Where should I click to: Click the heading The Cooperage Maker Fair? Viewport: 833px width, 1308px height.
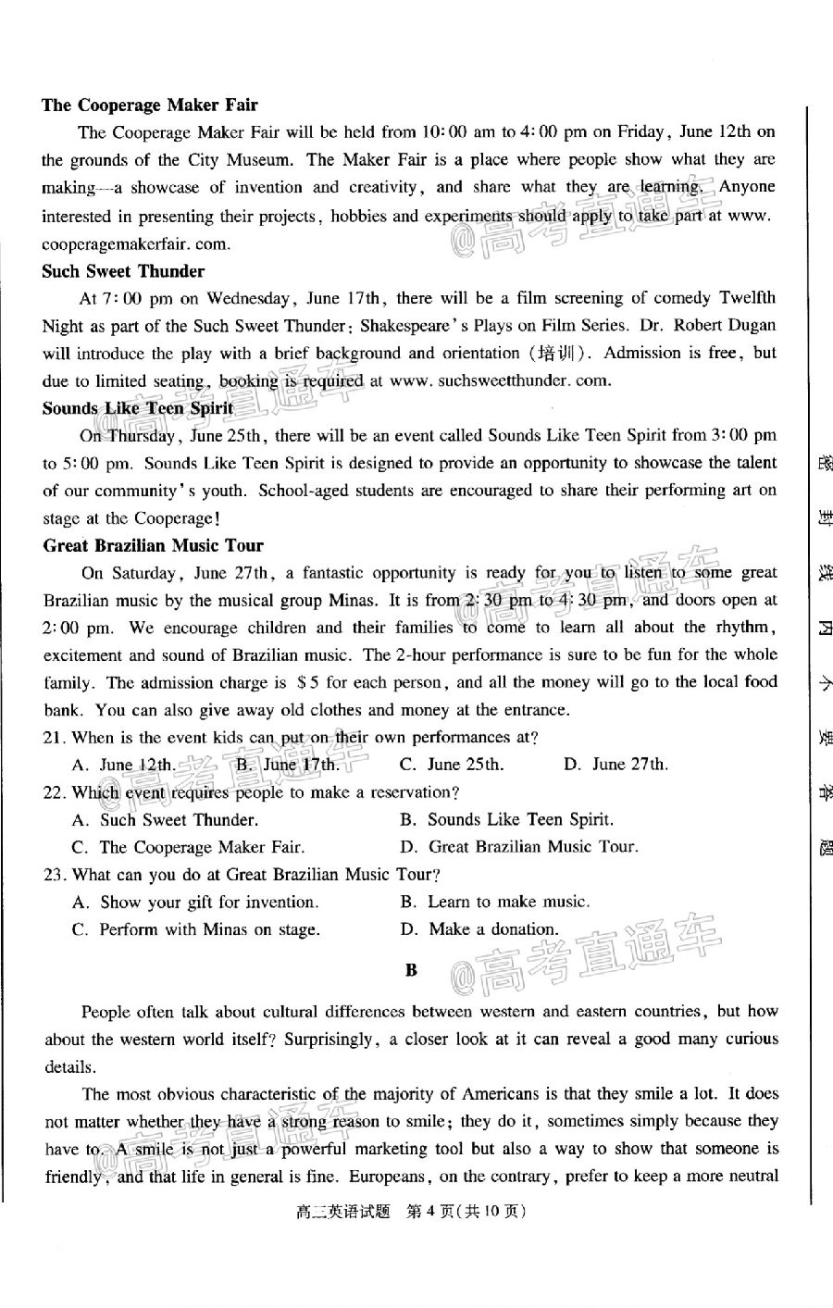click(x=149, y=105)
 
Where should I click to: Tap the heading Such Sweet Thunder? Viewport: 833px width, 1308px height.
click(x=123, y=271)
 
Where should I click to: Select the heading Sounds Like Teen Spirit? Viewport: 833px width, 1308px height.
click(x=137, y=408)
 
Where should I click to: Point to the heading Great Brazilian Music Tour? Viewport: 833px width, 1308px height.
click(x=153, y=545)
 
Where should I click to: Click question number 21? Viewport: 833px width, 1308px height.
click(x=54, y=738)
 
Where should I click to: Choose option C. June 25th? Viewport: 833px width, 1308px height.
click(x=452, y=765)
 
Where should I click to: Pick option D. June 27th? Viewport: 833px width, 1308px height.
click(x=615, y=765)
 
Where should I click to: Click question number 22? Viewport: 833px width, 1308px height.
click(x=54, y=792)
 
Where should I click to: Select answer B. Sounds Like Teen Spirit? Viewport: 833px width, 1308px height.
click(x=506, y=819)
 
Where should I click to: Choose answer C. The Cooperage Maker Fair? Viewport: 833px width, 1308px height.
click(x=188, y=847)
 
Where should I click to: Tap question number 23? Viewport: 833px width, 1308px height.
click(x=54, y=874)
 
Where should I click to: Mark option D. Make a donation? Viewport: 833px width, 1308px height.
click(x=479, y=928)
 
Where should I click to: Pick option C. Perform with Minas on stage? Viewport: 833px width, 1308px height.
click(x=196, y=929)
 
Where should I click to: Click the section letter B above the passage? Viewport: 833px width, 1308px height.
click(x=412, y=970)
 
